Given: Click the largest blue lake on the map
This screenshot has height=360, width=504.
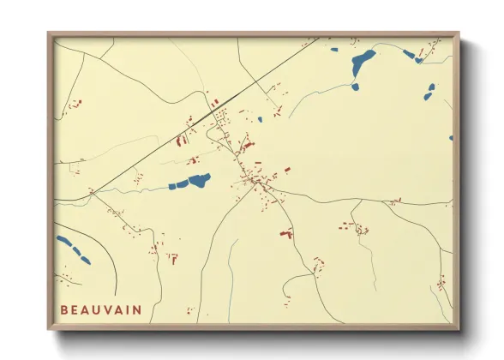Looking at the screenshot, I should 363,61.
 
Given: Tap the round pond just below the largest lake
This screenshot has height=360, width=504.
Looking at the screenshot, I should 354,86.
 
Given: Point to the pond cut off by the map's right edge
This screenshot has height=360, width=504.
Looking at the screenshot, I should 451,137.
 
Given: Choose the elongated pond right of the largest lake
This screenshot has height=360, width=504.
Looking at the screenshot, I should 409,55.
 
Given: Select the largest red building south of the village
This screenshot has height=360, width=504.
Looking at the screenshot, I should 286,232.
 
